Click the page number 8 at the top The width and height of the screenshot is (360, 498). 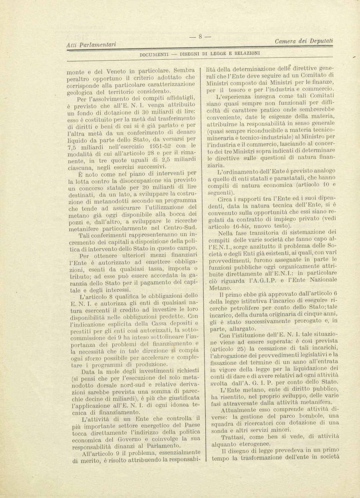click(200, 37)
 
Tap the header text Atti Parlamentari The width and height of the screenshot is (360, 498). click(91, 44)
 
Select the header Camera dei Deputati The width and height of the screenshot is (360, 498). click(303, 41)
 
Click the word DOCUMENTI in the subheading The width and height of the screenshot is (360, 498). click(154, 54)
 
